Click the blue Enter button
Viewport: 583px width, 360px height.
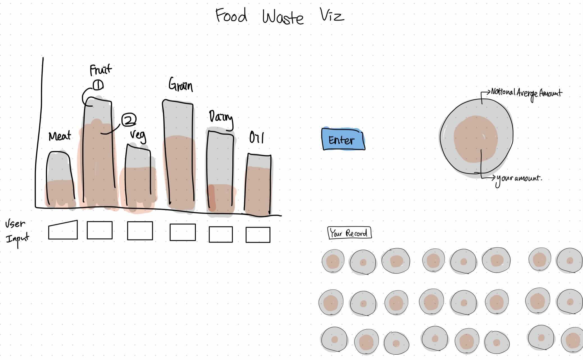343,139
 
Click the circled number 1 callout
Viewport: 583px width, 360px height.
98,85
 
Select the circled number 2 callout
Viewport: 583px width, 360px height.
129,120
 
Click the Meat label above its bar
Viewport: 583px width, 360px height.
60,136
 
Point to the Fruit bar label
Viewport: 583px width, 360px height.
100,69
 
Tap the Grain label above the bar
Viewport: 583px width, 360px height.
181,85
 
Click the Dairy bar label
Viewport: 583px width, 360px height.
221,117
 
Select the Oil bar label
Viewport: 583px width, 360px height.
256,138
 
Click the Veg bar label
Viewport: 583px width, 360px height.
138,135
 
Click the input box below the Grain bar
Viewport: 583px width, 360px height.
183,232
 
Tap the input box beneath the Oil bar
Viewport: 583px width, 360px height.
258,235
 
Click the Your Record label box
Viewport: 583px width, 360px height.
349,233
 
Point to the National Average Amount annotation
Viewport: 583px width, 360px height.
526,93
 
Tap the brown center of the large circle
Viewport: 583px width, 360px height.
475,139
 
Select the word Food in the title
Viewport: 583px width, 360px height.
231,15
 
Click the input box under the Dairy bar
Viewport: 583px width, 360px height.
221,234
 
